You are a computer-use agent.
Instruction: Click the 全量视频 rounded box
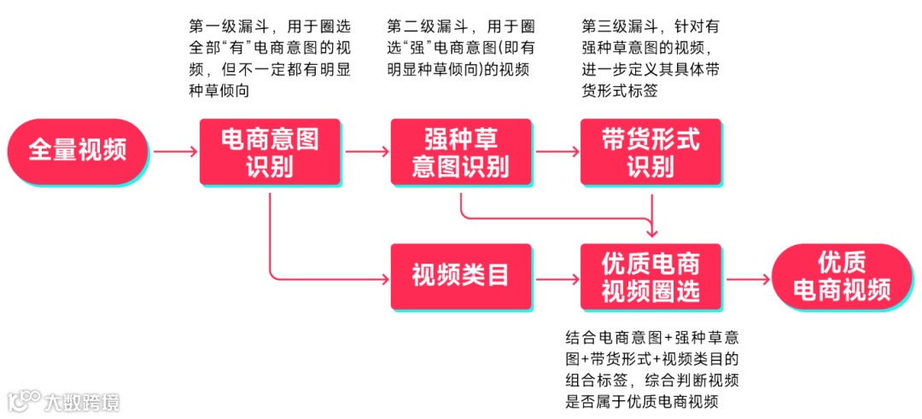[78, 152]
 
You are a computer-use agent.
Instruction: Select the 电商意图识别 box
[269, 152]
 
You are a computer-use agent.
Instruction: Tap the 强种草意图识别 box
[460, 152]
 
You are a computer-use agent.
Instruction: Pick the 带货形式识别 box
[651, 152]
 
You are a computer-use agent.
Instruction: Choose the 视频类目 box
[460, 276]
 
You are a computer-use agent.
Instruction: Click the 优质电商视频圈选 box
[651, 276]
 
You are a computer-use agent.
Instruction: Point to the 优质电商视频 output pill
[842, 276]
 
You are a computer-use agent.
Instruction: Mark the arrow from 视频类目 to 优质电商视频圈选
[556, 277]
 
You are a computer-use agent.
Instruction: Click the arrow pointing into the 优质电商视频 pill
[746, 277]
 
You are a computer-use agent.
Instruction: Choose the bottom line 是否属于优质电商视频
[641, 402]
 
